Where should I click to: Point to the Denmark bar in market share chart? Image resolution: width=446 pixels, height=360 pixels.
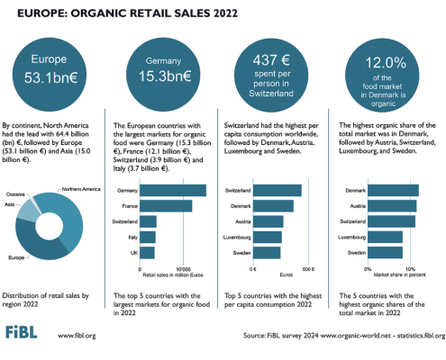pos(393,190)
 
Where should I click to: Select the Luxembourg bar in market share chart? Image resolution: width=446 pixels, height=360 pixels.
pos(385,238)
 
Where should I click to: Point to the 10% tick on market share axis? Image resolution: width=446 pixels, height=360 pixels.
pos(410,269)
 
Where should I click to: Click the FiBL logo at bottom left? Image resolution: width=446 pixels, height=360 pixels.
pos(27,334)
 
